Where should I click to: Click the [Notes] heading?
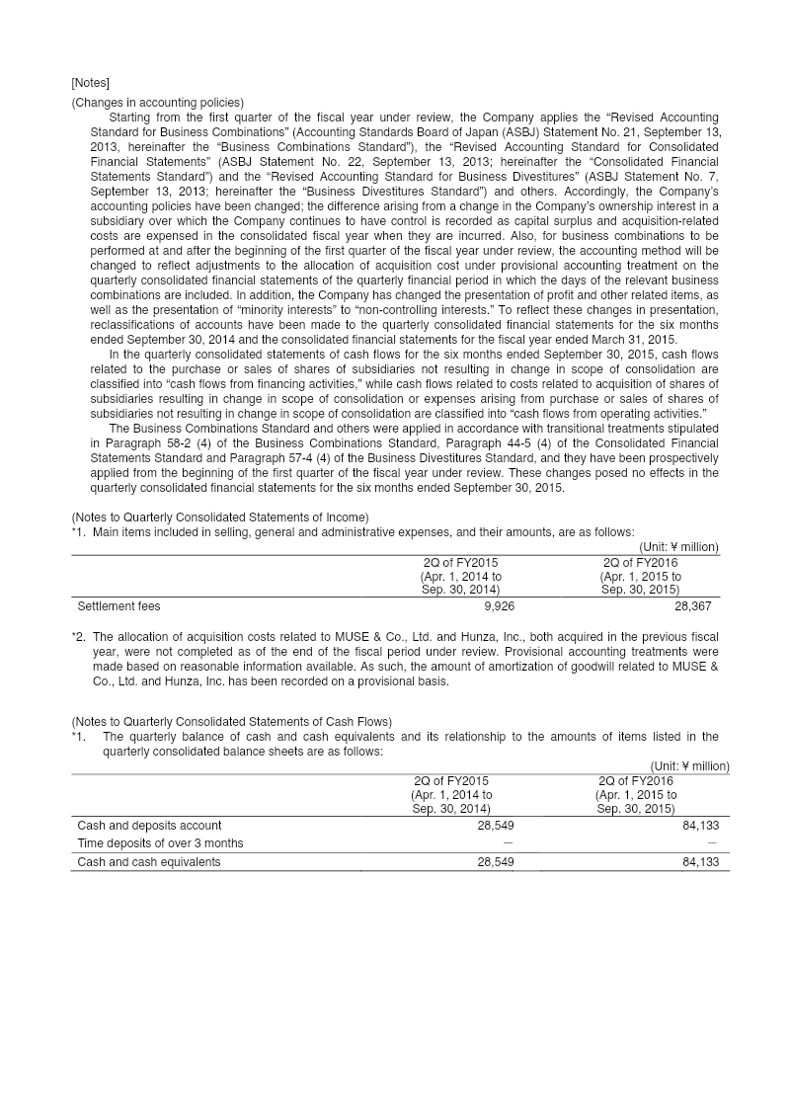click(90, 82)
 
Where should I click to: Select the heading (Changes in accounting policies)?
click(157, 103)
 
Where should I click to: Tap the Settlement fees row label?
click(118, 606)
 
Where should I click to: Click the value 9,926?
click(495, 606)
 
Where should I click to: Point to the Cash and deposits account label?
click(149, 826)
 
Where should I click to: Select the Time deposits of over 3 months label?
click(160, 843)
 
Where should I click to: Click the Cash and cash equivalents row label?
click(149, 862)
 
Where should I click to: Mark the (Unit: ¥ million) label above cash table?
click(689, 766)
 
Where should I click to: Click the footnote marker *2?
click(78, 637)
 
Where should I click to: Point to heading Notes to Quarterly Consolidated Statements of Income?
click(220, 518)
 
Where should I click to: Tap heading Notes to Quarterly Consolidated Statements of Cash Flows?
click(231, 722)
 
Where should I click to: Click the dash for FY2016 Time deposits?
click(713, 843)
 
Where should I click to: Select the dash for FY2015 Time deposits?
click(508, 843)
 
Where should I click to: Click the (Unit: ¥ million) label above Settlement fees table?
click(678, 547)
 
